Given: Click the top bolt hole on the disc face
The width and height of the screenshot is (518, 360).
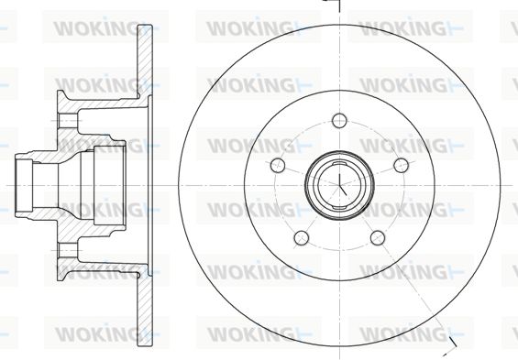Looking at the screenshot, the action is pos(339,120).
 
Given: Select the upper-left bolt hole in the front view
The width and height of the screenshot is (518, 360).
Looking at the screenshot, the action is pos(278,165).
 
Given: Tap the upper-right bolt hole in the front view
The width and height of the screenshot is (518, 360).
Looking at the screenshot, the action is pos(401,165).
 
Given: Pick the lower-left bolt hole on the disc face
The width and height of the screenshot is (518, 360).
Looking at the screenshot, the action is pos(301,238).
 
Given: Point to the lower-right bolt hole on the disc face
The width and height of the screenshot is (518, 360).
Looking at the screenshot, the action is pos(378,238).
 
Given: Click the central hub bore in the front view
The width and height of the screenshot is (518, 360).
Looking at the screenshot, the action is pos(339,185).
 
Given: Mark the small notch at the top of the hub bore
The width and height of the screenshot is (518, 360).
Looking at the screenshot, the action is pos(339,164).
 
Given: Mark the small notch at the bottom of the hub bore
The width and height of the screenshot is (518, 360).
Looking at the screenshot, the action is pos(339,207).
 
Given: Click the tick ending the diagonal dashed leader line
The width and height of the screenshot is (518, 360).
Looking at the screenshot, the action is pos(453,343).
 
